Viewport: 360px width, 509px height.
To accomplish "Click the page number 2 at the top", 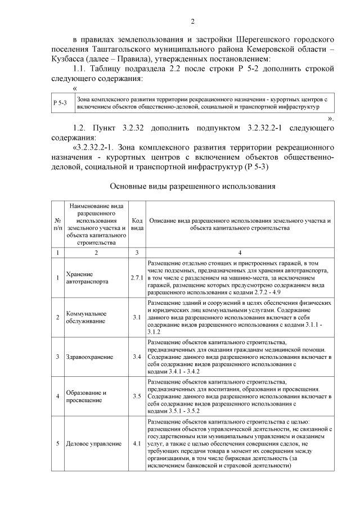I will [192, 22].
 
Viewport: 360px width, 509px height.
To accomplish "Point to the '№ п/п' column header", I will [57, 225].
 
